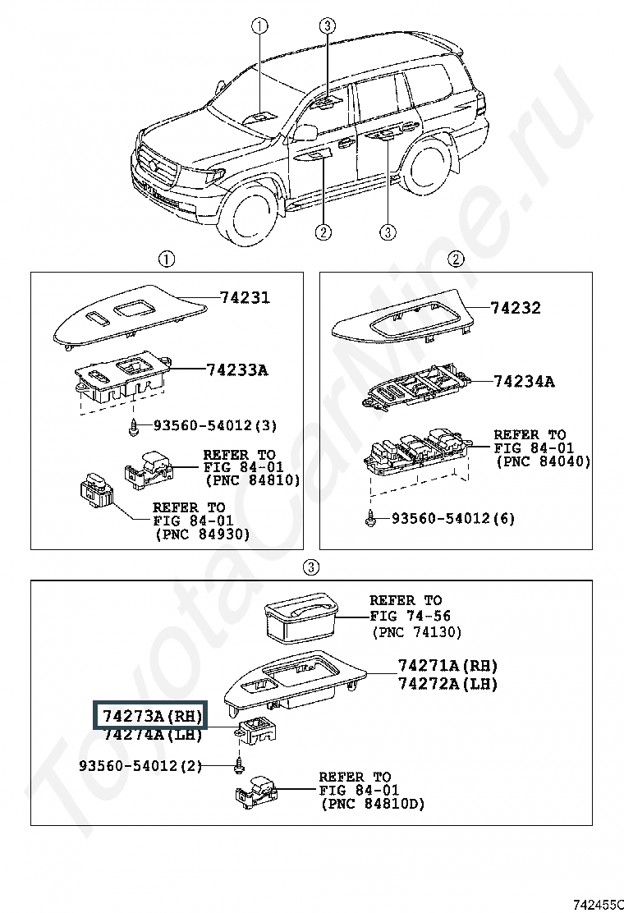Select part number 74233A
point(236,370)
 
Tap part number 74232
point(516,309)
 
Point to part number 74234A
point(524,382)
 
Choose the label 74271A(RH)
point(447,665)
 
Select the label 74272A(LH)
point(447,683)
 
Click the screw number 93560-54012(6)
point(452,518)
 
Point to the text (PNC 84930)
point(202,534)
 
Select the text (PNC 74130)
point(417,631)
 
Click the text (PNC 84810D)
point(372,805)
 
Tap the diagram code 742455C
point(598,901)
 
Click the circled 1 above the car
point(259,25)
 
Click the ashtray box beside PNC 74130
point(301,617)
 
